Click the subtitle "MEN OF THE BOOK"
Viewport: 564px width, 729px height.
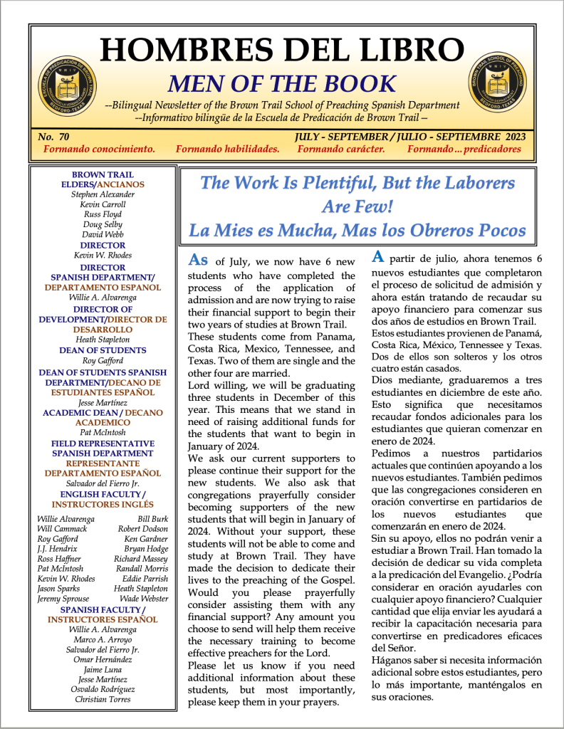click(x=281, y=83)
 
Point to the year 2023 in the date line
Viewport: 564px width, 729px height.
click(x=507, y=136)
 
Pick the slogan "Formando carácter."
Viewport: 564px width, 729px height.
click(x=341, y=150)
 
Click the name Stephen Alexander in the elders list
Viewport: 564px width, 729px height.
click(x=103, y=194)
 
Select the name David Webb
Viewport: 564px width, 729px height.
click(x=103, y=234)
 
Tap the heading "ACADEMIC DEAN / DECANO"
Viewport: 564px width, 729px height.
click(x=103, y=412)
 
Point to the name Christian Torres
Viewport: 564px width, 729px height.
click(x=103, y=699)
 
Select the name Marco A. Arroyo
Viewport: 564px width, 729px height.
click(x=103, y=639)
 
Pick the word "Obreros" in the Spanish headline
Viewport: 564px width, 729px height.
click(x=456, y=230)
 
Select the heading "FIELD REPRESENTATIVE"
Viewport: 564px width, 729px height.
click(x=103, y=442)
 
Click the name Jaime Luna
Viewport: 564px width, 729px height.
click(x=103, y=669)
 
